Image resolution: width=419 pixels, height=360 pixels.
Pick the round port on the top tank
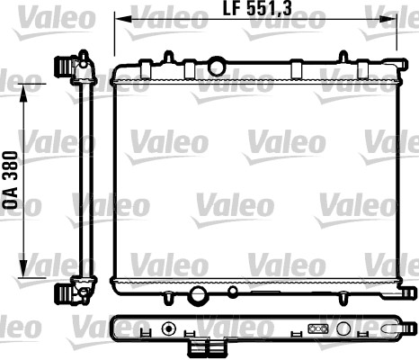(x=216, y=66)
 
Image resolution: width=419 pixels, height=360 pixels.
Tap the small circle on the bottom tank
(x=233, y=291)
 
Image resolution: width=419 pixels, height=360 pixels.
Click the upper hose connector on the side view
(x=65, y=66)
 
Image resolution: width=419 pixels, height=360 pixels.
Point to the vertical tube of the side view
(x=86, y=180)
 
